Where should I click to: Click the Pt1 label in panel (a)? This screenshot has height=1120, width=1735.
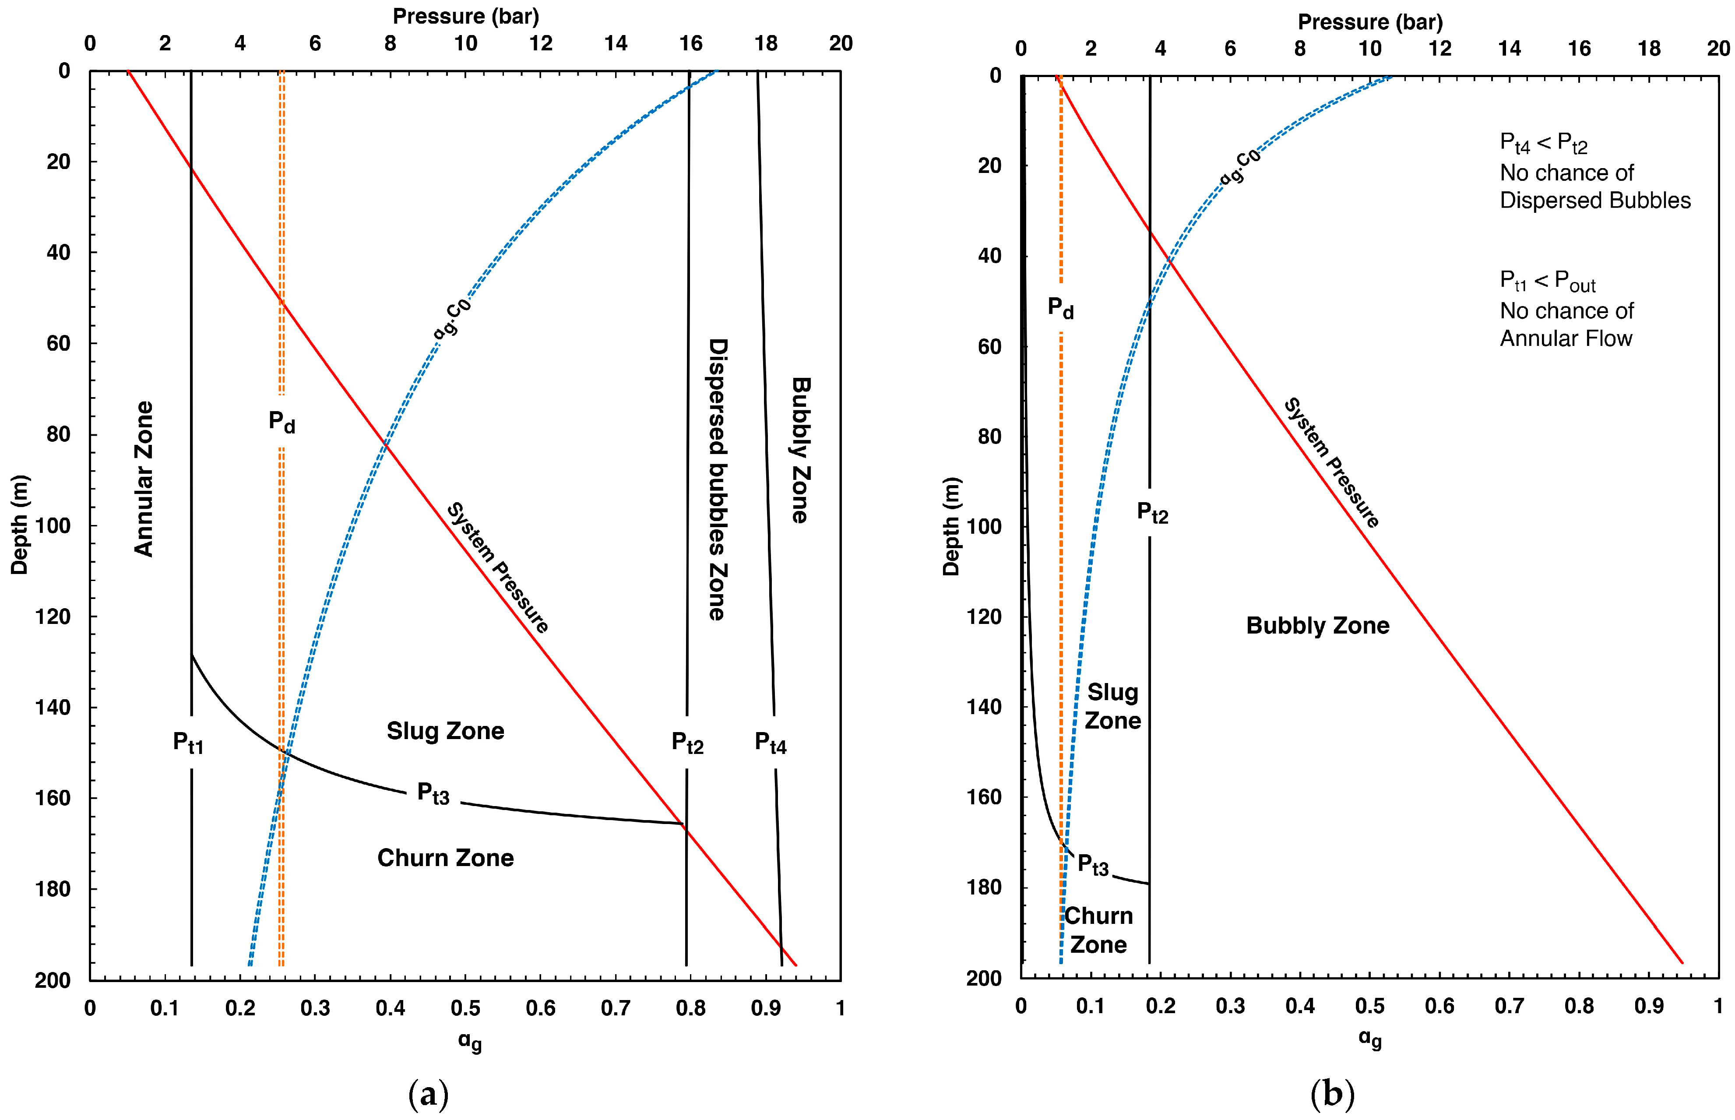[188, 743]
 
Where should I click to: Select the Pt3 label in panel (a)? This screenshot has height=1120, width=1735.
[433, 793]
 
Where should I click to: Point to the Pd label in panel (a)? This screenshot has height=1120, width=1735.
[282, 421]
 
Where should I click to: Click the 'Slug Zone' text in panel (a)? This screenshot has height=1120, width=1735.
[445, 731]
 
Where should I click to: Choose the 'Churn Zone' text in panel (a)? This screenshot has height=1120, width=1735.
[445, 858]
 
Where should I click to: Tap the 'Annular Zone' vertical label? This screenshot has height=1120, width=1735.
[144, 479]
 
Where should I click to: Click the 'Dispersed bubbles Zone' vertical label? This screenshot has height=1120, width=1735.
[718, 479]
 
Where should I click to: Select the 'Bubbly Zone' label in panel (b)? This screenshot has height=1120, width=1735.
[1318, 625]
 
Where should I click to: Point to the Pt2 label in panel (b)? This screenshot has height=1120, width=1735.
[1152, 513]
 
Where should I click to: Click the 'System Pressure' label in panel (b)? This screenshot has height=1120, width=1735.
[1331, 462]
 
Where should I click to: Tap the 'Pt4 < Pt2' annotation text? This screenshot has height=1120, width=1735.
[1543, 143]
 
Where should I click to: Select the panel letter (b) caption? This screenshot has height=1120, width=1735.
[1332, 1094]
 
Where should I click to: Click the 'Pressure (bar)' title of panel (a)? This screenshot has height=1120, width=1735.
[465, 16]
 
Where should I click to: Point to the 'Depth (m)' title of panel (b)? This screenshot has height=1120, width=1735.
[951, 527]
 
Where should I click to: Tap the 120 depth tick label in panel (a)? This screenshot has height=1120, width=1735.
[53, 617]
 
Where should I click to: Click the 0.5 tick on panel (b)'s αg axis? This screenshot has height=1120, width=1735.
[1369, 1007]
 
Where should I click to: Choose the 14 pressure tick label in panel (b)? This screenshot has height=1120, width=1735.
[1509, 49]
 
